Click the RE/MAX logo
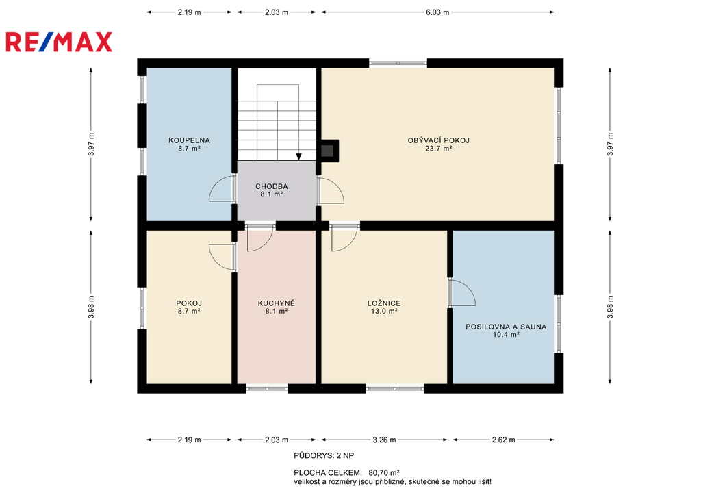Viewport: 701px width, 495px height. coord(59,42)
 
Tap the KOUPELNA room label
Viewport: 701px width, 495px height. coord(189,140)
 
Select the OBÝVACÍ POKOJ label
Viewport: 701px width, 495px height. coord(439,140)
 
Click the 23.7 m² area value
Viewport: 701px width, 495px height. coord(439,149)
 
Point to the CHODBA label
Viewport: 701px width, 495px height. coord(272,186)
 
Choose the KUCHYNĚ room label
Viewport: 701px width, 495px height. coord(277,303)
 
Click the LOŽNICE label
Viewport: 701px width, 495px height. coord(384,303)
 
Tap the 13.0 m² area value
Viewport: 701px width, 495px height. coord(384,312)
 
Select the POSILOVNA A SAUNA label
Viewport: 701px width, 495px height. coord(506,327)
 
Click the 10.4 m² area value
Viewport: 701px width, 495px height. coord(506,335)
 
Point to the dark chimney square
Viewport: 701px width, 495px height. coord(328,151)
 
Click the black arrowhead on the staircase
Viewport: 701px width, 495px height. coord(298,157)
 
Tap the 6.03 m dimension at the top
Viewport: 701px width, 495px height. coord(437,12)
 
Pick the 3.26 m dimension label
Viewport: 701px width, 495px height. coord(385,440)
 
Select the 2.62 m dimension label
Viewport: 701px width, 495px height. coord(504,440)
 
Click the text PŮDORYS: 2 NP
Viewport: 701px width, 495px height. coord(324,456)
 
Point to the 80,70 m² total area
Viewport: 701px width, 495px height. coord(383,472)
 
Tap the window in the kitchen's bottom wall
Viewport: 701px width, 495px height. coord(267,389)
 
